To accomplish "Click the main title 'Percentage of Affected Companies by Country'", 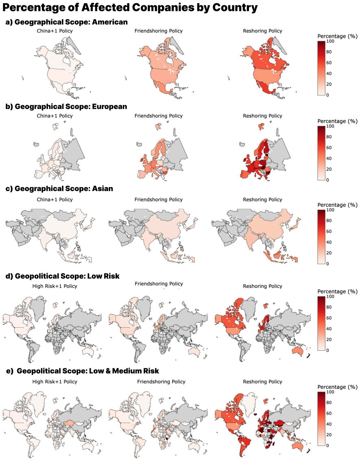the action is (130, 7).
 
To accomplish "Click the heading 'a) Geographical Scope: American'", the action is (67, 22).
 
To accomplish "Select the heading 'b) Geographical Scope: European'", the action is (66, 107).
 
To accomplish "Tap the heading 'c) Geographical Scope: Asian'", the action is (59, 189).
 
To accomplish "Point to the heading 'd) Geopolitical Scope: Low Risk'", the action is (63, 276).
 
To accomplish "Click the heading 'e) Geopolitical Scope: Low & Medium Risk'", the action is (83, 371).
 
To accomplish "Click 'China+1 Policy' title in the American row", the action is (55, 31).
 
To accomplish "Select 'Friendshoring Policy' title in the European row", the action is (159, 116).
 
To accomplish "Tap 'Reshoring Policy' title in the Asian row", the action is (262, 200).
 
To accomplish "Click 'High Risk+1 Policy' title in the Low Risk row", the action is (55, 286).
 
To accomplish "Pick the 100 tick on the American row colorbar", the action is (330, 41).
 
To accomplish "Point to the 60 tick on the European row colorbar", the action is (329, 148).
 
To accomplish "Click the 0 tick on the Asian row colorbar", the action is (327, 264).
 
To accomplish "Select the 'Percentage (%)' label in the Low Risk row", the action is (337, 291).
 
